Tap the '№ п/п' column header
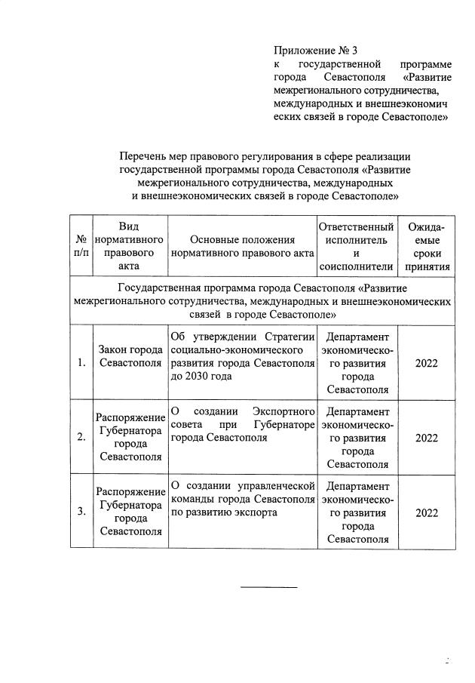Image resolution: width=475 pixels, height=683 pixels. click(80, 247)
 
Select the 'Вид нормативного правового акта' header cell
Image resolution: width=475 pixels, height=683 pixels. click(129, 247)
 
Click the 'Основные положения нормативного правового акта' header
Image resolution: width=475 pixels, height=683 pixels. click(241, 247)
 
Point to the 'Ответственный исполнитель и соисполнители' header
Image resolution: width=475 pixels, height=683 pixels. click(357, 247)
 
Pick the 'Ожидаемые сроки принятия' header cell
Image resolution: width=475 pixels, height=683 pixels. click(426, 247)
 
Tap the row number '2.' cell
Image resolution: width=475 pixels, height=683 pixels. click(80, 437)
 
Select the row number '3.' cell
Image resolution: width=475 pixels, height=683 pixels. click(80, 512)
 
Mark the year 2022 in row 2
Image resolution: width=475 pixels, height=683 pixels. click(426, 437)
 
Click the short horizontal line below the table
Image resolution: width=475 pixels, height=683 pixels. click(268, 586)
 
